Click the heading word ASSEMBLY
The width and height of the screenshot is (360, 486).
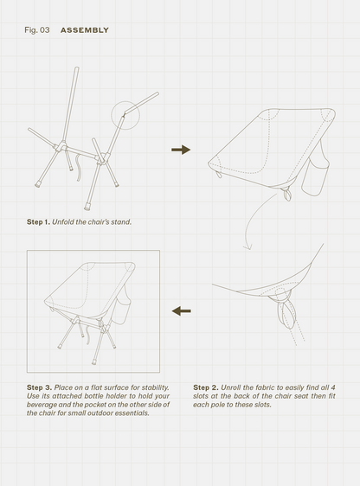tap(85, 30)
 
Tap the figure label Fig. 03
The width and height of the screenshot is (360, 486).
tap(37, 30)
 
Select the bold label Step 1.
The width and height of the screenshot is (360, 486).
tap(38, 222)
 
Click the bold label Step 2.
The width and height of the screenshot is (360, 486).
tap(206, 387)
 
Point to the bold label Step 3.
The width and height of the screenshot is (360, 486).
tap(40, 387)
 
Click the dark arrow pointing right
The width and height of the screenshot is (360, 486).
tap(181, 150)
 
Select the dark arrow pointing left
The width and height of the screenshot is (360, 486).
tap(182, 310)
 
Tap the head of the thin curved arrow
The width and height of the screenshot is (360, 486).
tap(247, 246)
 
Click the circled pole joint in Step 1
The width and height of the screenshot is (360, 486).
tap(125, 114)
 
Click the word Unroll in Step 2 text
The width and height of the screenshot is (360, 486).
tap(230, 387)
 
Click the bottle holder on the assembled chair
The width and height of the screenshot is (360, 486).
tap(124, 312)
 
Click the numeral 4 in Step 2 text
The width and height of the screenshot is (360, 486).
tap(333, 387)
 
